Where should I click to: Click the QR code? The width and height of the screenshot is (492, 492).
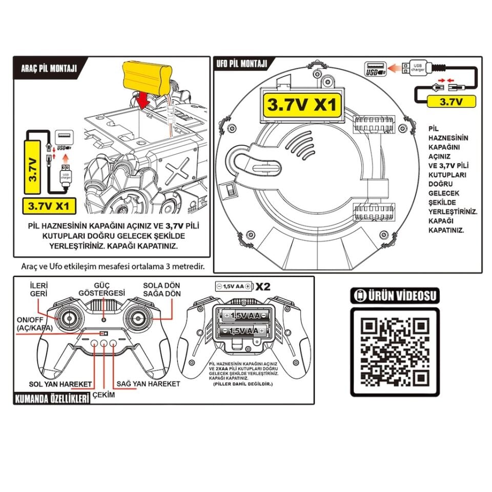coord(395,352)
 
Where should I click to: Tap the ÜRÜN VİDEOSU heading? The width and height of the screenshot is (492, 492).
coord(395,296)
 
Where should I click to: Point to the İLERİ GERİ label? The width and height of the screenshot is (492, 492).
coord(39,289)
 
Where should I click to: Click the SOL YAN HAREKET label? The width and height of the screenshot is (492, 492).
coord(60,384)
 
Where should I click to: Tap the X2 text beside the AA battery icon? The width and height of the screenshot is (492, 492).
coord(263,286)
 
